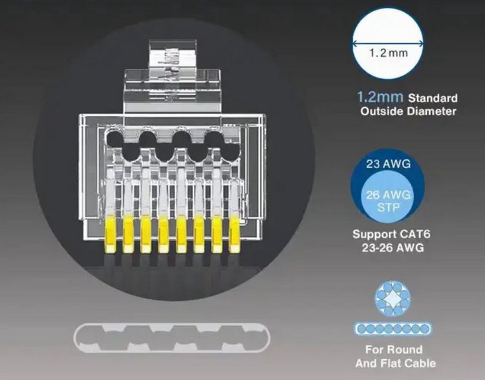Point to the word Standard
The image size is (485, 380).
click(x=433, y=98)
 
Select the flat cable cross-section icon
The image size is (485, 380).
click(x=389, y=329)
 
